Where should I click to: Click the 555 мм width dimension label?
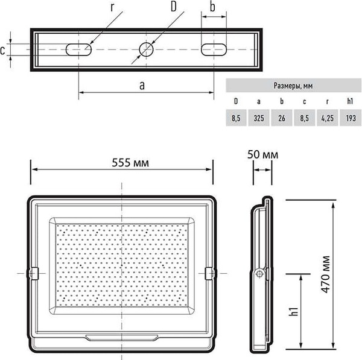tap(130, 163)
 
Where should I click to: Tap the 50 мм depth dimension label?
tap(262, 154)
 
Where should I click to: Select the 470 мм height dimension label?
tap(326, 274)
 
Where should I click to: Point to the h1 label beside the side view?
tap(294, 312)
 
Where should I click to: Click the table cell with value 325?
tap(259, 118)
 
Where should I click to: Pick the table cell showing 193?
tap(351, 118)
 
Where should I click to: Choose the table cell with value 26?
tap(281, 118)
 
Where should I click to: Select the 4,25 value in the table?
tap(328, 118)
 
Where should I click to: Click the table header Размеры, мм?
tap(293, 86)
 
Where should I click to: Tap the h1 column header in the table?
tap(350, 101)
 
